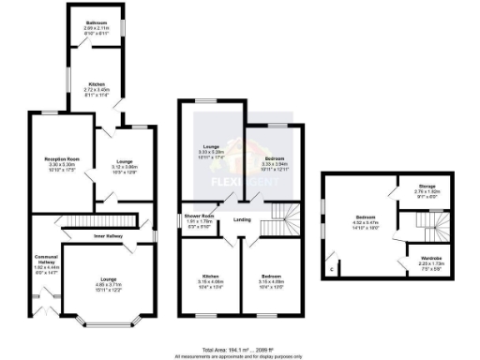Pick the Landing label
click(x=242, y=220)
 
